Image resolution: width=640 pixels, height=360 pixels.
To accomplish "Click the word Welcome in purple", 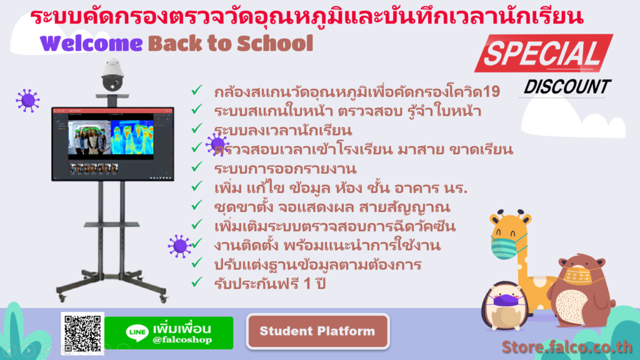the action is [x=91, y=43].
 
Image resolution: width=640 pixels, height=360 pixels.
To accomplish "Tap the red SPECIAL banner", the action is [x=544, y=54].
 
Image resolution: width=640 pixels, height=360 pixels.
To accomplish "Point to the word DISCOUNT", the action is [x=567, y=87].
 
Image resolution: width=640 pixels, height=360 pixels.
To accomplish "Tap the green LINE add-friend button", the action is [x=169, y=333].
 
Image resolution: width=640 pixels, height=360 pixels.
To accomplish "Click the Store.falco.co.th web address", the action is [x=567, y=346].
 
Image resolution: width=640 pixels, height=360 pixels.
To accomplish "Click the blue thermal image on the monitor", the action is [x=132, y=137].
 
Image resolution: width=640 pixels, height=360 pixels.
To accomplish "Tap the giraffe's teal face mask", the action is [x=506, y=246].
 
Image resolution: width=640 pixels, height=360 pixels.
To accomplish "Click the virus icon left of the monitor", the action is [x=27, y=101].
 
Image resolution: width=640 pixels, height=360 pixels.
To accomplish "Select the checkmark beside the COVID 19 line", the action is [x=197, y=90].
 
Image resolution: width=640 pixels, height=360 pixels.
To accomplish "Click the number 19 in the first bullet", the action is [x=491, y=92].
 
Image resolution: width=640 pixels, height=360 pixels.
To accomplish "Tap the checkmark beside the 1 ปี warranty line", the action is [x=197, y=282].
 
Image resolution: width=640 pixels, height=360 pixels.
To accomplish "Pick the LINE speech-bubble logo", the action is [x=137, y=332].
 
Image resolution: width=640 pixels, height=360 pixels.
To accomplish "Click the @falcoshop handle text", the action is [x=182, y=340].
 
